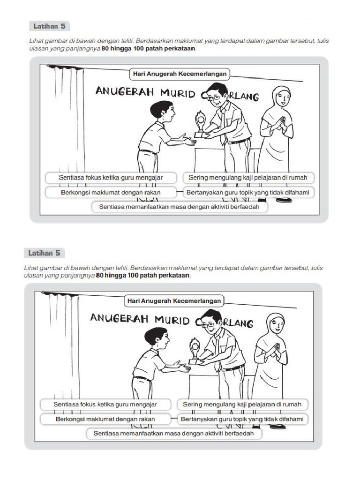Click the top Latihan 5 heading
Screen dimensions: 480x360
[49, 26]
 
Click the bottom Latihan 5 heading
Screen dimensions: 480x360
[45, 253]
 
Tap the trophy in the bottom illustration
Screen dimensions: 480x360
[195, 351]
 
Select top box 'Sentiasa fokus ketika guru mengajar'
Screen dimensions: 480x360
[111, 178]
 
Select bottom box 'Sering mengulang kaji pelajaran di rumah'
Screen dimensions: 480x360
[242, 404]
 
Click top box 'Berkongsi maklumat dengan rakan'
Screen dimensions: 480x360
[111, 192]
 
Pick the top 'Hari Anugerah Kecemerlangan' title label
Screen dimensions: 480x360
[179, 74]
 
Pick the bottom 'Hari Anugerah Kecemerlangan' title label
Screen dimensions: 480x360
[173, 300]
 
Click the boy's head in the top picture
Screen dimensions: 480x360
[162, 112]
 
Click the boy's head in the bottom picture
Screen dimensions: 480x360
[157, 337]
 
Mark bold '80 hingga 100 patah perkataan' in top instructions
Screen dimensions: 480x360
[149, 48]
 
